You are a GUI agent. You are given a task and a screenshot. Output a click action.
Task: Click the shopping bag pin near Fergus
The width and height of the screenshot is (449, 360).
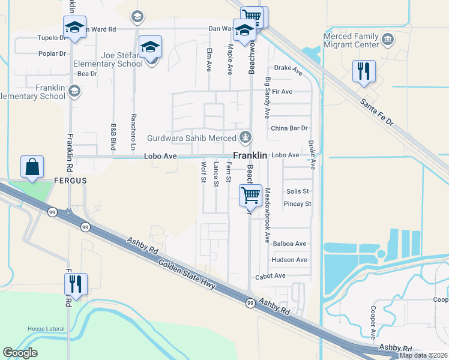(32, 167)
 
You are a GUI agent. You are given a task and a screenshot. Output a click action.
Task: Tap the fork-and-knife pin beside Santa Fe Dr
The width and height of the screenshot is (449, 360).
(364, 71)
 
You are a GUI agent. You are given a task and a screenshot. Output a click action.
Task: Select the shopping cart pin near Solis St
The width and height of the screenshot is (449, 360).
(250, 195)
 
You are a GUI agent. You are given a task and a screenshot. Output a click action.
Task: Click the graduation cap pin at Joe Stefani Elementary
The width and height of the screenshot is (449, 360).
(151, 47)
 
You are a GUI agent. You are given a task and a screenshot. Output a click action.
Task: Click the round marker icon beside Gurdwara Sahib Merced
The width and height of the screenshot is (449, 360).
(245, 138)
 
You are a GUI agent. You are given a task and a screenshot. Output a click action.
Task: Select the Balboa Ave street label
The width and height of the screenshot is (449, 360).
(289, 244)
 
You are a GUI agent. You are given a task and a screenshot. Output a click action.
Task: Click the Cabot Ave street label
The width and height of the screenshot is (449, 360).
(271, 276)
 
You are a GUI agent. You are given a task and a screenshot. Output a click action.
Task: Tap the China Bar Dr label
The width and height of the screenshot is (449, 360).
(289, 128)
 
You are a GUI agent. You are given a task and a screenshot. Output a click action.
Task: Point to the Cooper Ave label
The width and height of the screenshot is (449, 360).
(373, 323)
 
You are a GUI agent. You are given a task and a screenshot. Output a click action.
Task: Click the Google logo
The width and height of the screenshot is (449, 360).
(20, 353)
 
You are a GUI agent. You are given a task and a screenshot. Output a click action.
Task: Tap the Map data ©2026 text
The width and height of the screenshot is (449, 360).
(423, 355)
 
